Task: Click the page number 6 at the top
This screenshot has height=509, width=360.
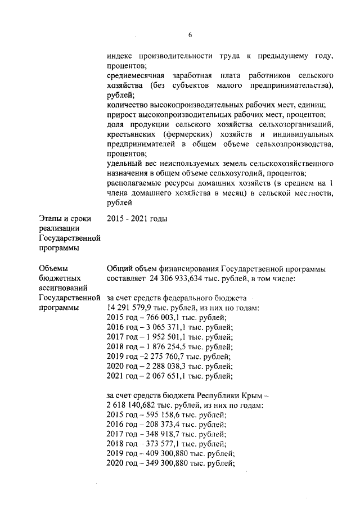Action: pyautogui.click(x=190, y=34)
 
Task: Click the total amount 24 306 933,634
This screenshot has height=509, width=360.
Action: pyautogui.click(x=179, y=278)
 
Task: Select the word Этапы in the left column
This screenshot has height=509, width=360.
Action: pyautogui.click(x=51, y=219)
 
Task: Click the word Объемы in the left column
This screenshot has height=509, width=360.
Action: pyautogui.click(x=54, y=268)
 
